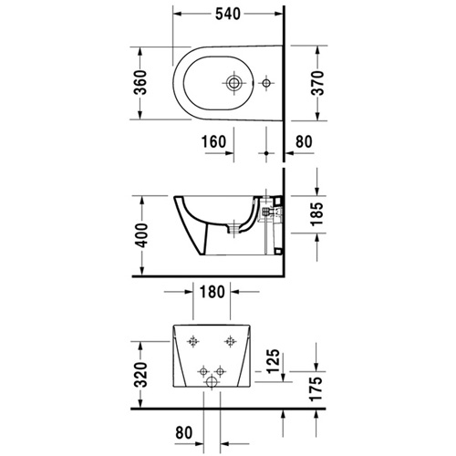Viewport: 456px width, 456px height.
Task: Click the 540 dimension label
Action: coord(228,14)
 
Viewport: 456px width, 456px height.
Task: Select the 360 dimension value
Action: coord(140,82)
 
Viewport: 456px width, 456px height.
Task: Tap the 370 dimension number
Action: coord(318,83)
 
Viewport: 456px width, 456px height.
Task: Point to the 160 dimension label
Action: coord(214,141)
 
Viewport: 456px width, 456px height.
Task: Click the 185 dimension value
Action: coord(316,214)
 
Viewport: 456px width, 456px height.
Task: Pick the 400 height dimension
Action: coord(141,235)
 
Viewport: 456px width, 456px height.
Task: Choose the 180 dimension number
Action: coord(212,292)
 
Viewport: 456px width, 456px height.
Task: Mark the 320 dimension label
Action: coord(140,375)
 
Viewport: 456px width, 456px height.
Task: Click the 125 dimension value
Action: coord(273,361)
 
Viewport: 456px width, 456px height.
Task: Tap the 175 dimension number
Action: coord(316,389)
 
